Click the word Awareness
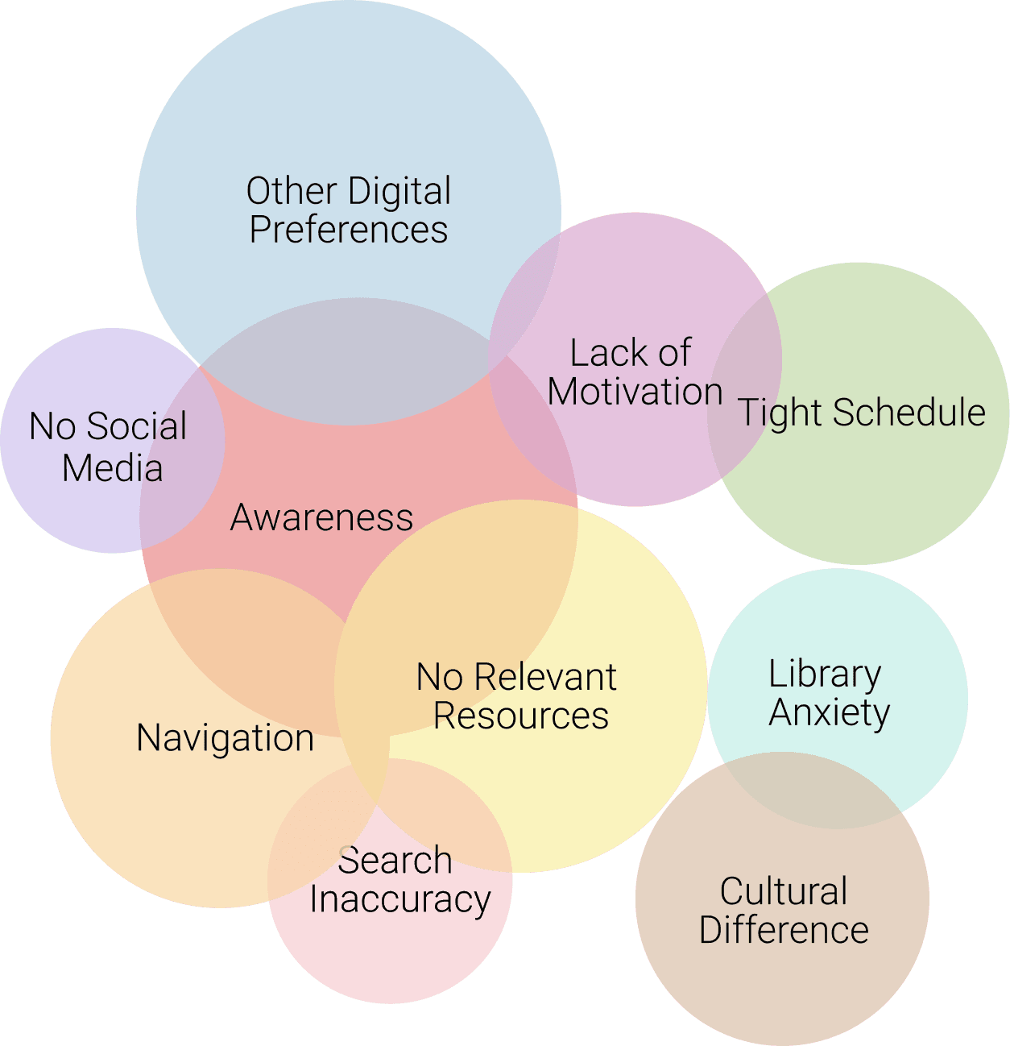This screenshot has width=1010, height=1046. (x=321, y=517)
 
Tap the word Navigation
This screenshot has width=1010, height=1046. (x=225, y=738)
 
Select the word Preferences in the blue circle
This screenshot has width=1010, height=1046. (x=348, y=230)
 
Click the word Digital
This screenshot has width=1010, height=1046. (x=399, y=193)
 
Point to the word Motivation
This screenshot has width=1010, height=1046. (x=635, y=392)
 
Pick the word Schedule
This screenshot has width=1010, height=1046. (x=909, y=413)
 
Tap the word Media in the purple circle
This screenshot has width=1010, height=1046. (x=112, y=468)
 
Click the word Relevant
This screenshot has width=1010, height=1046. (x=544, y=677)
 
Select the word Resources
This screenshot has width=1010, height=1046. (x=520, y=716)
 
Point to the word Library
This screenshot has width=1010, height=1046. (x=824, y=674)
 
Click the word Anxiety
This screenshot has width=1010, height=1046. (x=829, y=712)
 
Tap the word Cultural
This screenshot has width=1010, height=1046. (x=783, y=891)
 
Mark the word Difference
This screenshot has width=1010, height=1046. (x=783, y=930)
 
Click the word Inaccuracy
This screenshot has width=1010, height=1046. (x=399, y=899)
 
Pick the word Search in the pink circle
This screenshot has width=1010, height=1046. (x=395, y=861)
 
